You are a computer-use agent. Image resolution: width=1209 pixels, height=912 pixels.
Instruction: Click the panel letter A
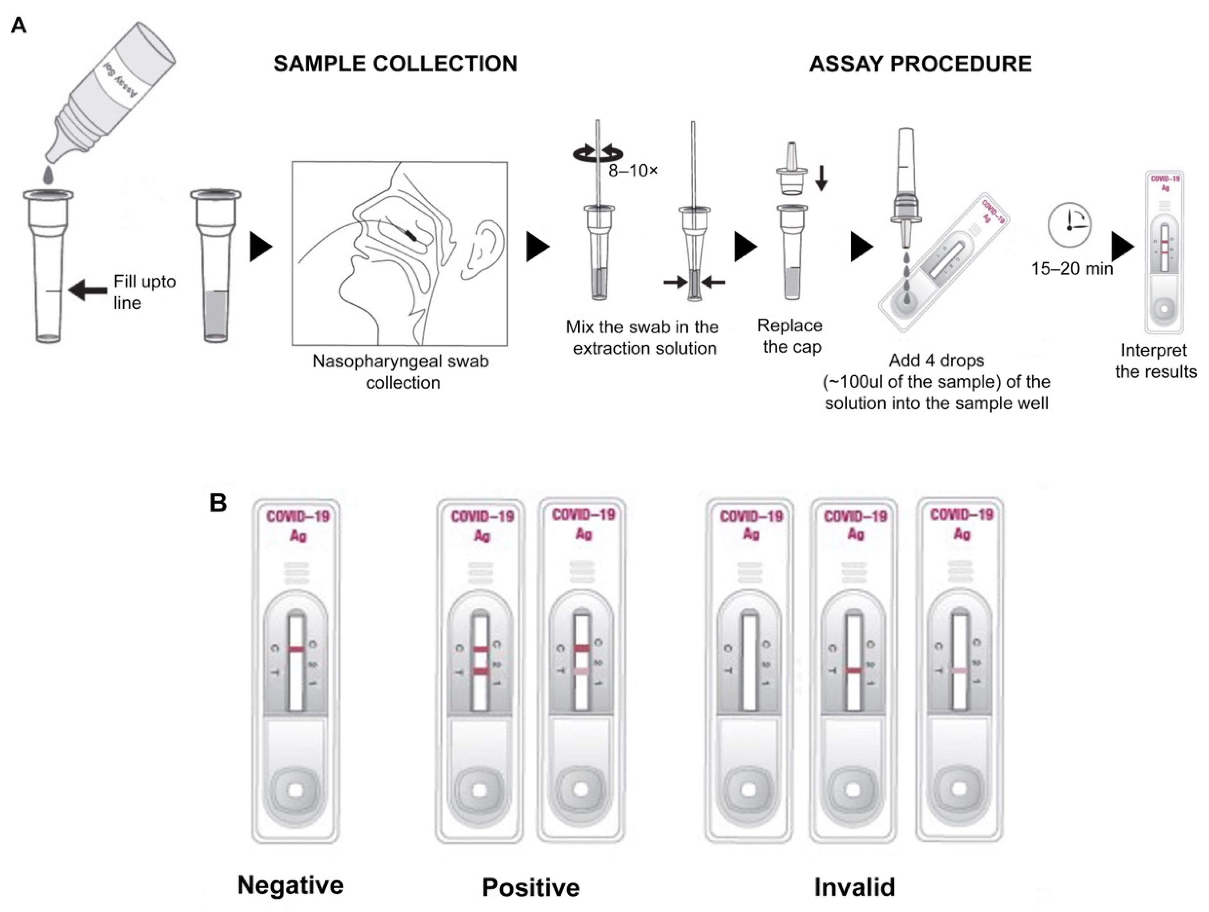click(19, 26)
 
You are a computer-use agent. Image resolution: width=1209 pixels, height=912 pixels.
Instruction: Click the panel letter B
click(218, 502)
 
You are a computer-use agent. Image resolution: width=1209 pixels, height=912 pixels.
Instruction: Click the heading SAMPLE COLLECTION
click(395, 64)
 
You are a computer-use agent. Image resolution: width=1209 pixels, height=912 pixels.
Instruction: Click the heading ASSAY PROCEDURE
click(920, 64)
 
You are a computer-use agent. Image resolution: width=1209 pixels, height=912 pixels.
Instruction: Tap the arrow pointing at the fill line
click(88, 290)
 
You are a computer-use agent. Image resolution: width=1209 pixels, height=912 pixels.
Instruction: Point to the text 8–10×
click(633, 171)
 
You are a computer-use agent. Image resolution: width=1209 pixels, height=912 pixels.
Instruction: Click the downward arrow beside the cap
click(821, 178)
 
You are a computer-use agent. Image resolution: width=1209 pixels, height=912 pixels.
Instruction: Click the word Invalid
click(854, 886)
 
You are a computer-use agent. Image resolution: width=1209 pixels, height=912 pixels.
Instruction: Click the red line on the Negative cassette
click(296, 649)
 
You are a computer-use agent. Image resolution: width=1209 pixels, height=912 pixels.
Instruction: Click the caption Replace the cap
click(790, 336)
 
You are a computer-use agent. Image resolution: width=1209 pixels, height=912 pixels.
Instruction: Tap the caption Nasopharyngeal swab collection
click(401, 372)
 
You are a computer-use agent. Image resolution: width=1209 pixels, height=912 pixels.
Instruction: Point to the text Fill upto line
click(144, 292)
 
